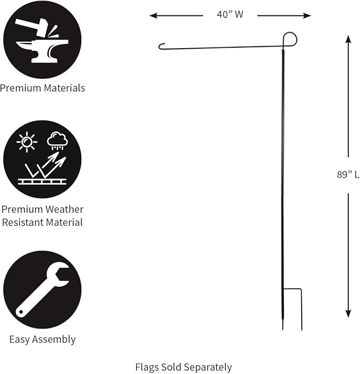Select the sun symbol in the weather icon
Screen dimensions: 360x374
click(27, 142)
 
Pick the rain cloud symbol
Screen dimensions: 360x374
click(57, 141)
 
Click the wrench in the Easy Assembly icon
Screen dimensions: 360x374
click(42, 290)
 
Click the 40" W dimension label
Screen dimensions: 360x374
click(230, 14)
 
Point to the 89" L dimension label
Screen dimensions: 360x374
click(348, 175)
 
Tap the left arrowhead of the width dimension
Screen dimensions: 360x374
click(153, 16)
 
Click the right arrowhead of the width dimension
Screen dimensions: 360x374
click(307, 16)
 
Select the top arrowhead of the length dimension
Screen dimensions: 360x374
click(348, 39)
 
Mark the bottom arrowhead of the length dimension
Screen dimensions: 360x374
click(348, 314)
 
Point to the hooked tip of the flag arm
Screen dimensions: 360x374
click(160, 46)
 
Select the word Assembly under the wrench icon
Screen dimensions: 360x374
click(54, 340)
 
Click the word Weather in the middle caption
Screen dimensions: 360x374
click(64, 209)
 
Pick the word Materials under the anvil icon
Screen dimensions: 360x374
click(65, 88)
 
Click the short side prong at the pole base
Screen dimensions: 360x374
click(301, 309)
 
